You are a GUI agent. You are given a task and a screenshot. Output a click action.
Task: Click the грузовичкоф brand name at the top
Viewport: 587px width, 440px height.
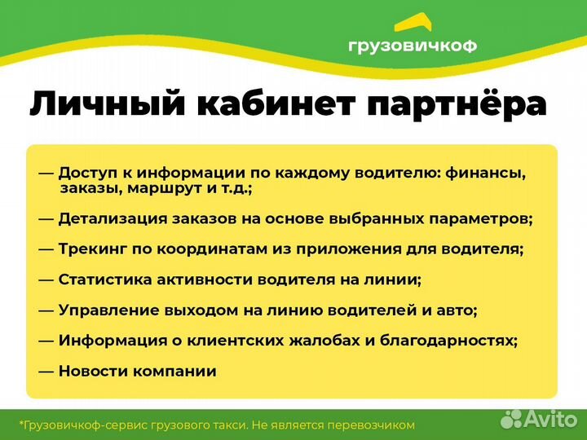[x=412, y=46]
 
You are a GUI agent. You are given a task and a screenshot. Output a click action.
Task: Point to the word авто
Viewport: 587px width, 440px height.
[x=457, y=310]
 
